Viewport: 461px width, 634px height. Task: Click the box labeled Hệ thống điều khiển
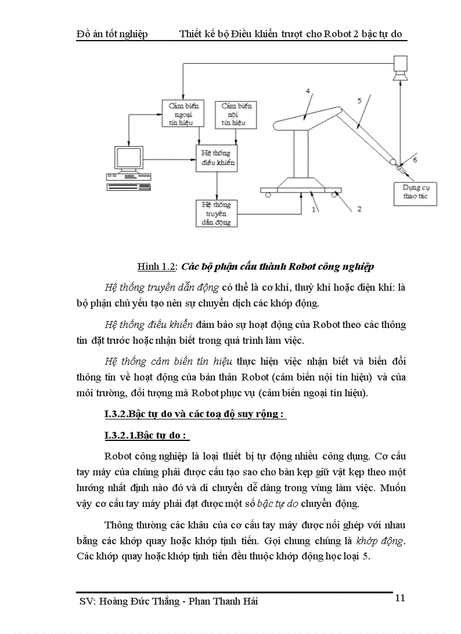point(216,159)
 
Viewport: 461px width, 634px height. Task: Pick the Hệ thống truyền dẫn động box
point(216,213)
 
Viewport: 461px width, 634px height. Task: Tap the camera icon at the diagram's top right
point(401,66)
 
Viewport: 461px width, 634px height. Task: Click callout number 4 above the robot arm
point(308,91)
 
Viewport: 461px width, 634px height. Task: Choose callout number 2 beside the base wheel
point(358,209)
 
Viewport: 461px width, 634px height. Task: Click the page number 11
point(399,598)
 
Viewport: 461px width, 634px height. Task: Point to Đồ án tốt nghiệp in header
point(112,34)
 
